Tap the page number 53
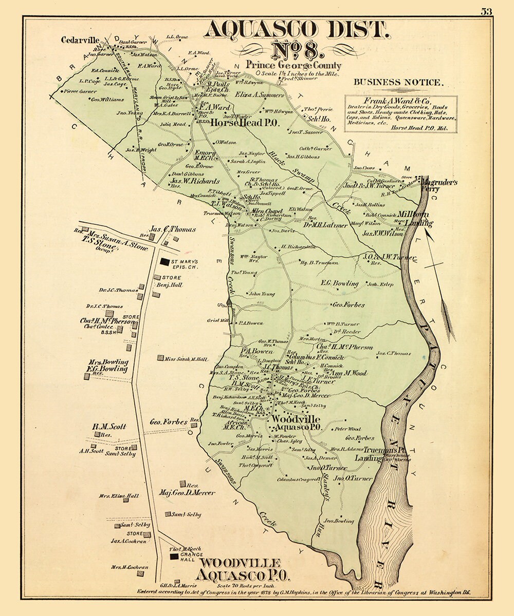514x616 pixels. click(486, 11)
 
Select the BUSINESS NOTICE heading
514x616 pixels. click(397, 82)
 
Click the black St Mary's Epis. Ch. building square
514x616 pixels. click(164, 262)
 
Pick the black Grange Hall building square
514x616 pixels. click(174, 556)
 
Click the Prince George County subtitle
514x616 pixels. click(293, 65)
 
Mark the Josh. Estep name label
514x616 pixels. click(379, 284)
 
